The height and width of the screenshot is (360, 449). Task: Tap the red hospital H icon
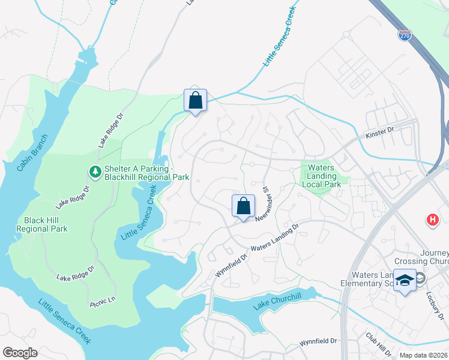(432, 220)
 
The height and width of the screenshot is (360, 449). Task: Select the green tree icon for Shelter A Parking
(95, 172)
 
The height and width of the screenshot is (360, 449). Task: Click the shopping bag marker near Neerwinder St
(243, 206)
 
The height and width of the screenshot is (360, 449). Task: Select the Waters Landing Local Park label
(324, 176)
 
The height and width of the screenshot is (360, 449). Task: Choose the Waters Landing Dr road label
(274, 238)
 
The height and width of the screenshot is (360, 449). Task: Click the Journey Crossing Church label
(421, 257)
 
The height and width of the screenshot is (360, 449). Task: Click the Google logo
(20, 353)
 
